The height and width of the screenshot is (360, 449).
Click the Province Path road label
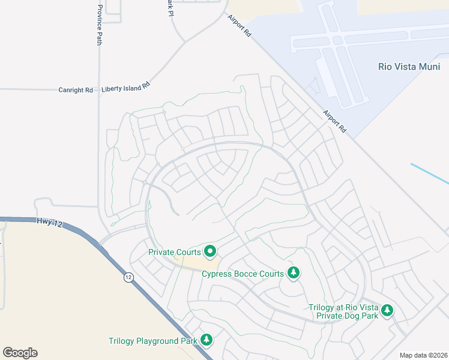coord(100,26)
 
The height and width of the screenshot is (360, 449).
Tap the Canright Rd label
coord(76,90)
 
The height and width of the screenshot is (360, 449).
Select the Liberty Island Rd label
coord(125,88)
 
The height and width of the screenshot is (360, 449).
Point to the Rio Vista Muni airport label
coord(409,67)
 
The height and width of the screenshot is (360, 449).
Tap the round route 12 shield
coord(128,277)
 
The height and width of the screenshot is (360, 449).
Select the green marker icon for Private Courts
coord(210,251)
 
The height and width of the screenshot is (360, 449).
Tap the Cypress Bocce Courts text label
coord(243,274)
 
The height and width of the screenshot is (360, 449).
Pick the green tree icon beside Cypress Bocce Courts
coord(293,274)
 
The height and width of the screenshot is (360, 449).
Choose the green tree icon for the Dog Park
coord(388,310)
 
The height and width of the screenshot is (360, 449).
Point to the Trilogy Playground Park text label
coord(153,341)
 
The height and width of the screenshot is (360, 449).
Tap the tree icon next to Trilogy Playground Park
coord(206,340)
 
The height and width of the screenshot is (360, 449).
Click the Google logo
coord(20,353)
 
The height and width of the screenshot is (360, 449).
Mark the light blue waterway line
coord(429,173)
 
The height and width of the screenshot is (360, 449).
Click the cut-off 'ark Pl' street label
coord(170,7)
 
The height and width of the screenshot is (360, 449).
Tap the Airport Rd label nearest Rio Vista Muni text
coord(335,121)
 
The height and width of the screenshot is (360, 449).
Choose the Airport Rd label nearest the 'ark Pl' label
coord(240,26)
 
